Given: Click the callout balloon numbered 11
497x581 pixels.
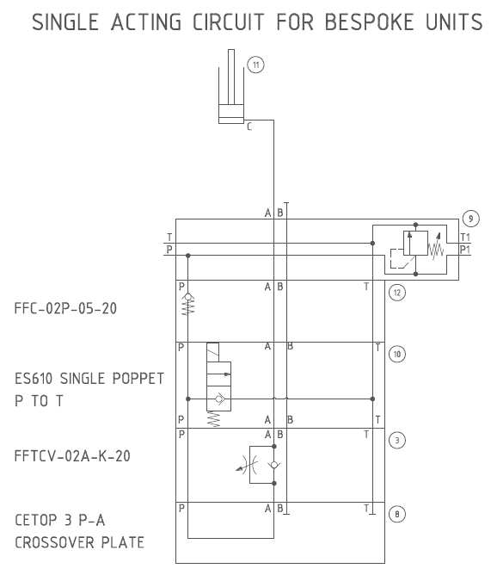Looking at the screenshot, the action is [255, 65].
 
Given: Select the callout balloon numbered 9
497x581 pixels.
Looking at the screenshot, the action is [470, 219].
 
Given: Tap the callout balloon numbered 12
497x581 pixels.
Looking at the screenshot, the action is [397, 293].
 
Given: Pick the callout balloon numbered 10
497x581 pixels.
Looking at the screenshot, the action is [397, 355].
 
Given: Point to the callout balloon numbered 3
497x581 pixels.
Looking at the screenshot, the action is [397, 441].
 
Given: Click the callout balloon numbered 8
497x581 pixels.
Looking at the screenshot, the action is [397, 515].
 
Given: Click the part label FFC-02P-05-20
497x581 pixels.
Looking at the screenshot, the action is [65, 308].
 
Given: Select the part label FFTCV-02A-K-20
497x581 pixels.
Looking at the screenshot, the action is [72, 456].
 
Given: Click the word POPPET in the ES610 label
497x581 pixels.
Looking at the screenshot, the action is [138, 379].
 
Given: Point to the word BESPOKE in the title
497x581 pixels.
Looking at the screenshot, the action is [369, 22].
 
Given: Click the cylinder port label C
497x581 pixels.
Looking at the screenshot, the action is [249, 127].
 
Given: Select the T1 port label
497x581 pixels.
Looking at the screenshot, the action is [465, 238].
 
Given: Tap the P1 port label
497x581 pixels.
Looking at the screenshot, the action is [465, 250].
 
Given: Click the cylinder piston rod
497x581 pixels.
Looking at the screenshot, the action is [231, 77].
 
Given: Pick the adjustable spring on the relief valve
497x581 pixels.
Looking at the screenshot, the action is [436, 246].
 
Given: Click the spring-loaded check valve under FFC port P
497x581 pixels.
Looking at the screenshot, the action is [188, 304].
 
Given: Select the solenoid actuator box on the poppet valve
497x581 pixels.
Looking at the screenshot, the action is [212, 352].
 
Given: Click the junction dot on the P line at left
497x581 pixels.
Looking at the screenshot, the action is [188, 256].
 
